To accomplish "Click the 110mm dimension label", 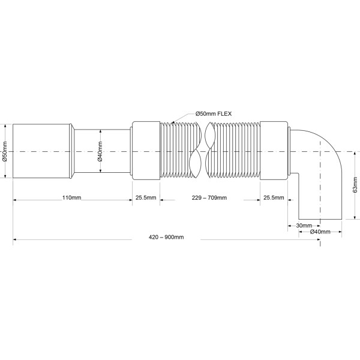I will (72, 197).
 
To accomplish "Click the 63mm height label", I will (355, 185).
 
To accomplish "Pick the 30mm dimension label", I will (304, 226).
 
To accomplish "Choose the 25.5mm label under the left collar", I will (145, 197).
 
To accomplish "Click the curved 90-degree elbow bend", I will (327, 150).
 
